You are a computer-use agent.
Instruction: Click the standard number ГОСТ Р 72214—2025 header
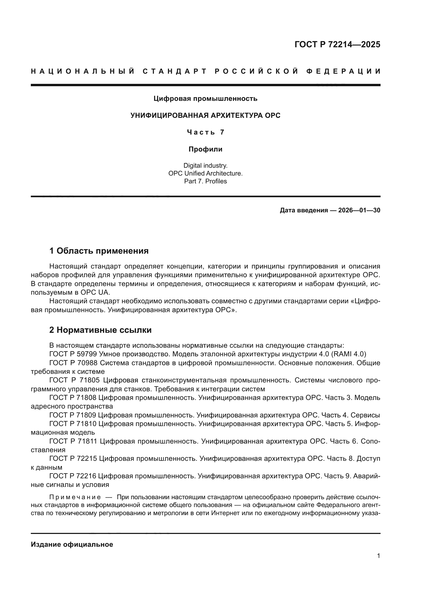(337, 44)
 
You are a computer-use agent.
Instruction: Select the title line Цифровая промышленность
(205, 99)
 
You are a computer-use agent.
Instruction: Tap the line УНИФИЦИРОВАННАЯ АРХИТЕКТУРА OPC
(205, 115)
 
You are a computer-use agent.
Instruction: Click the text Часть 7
(205, 132)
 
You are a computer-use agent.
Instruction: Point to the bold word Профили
(205, 149)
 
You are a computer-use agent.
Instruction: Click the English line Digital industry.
(205, 166)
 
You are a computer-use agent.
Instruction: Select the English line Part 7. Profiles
(205, 181)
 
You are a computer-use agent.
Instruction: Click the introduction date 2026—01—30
(359, 211)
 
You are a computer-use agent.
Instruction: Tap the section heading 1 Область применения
(99, 251)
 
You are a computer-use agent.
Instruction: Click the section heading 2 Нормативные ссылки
(100, 330)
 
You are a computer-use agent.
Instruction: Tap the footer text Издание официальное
(72, 544)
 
